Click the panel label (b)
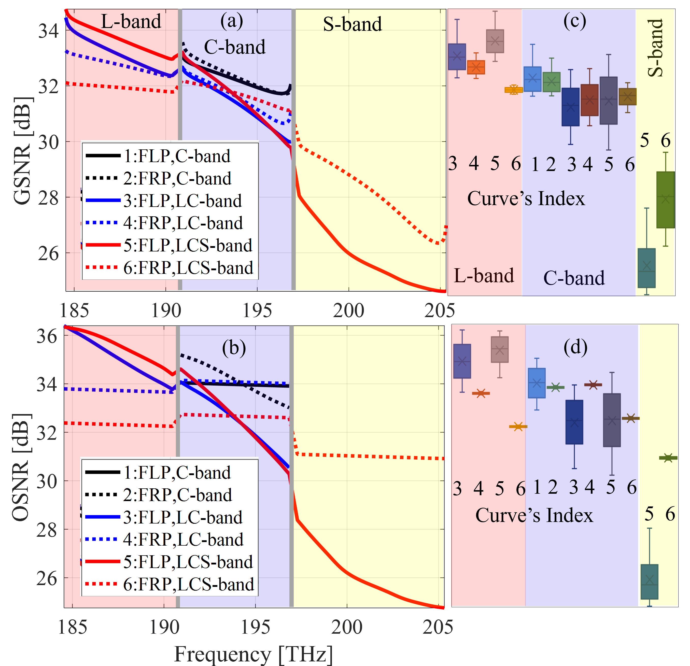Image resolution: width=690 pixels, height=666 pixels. click(x=234, y=348)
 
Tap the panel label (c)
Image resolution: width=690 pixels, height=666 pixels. click(x=574, y=21)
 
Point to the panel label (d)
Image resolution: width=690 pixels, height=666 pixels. click(x=575, y=347)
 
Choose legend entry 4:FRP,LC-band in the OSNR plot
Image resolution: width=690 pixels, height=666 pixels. click(x=183, y=539)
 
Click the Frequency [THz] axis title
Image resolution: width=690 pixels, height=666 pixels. click(x=254, y=654)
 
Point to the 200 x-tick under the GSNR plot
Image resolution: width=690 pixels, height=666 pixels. click(x=348, y=310)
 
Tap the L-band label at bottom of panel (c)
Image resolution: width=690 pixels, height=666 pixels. click(x=484, y=276)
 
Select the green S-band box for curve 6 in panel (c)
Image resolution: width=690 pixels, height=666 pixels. click(x=665, y=200)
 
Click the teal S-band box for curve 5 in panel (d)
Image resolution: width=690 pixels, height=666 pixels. click(x=650, y=582)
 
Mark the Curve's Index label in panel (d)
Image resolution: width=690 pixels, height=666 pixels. click(x=534, y=515)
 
